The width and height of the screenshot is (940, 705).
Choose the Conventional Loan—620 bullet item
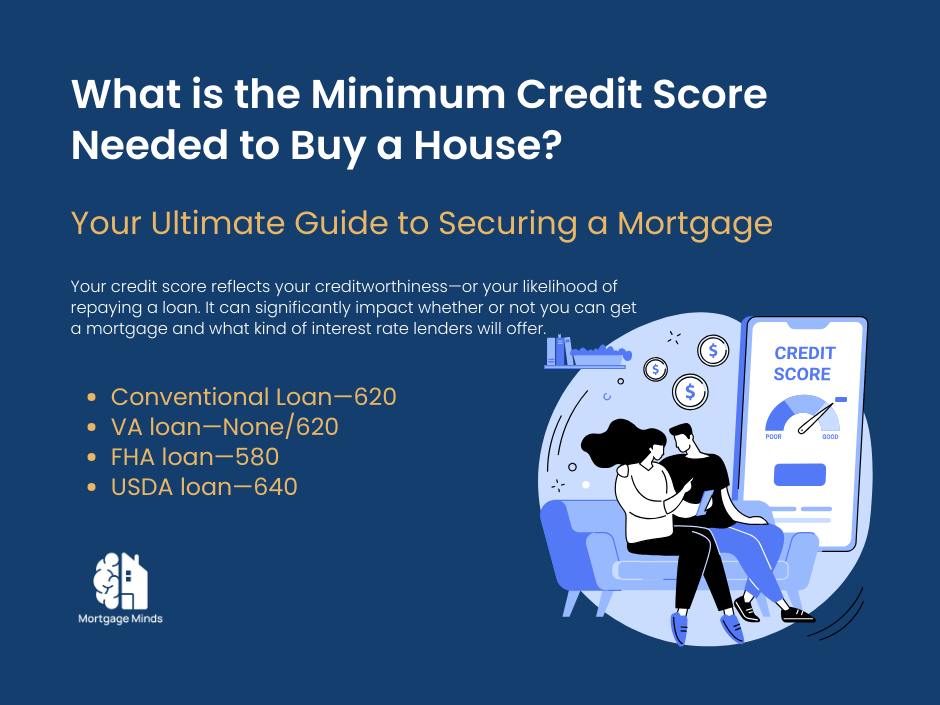click(x=253, y=397)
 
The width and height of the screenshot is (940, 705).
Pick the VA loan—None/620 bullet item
click(x=224, y=427)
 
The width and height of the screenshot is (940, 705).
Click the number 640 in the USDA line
click(x=274, y=487)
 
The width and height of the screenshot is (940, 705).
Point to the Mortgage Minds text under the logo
click(x=120, y=619)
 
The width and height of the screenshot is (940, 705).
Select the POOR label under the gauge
click(x=773, y=437)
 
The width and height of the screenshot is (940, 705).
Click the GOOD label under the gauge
click(x=830, y=437)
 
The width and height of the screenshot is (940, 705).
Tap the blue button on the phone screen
click(x=800, y=474)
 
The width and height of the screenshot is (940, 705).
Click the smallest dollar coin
click(x=656, y=369)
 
